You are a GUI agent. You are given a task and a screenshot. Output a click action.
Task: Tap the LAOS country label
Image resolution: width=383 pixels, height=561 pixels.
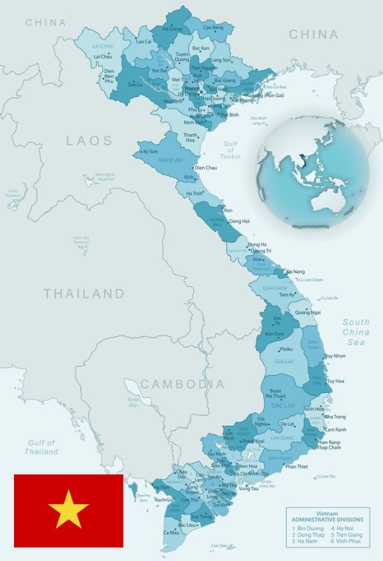tap(89, 141)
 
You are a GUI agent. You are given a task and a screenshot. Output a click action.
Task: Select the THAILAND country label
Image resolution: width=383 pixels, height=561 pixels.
tap(84, 294)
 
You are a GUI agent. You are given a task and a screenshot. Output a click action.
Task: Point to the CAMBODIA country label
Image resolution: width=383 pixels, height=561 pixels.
tap(183, 384)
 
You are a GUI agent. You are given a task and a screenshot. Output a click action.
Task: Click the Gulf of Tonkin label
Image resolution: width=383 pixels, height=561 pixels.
tap(230, 151)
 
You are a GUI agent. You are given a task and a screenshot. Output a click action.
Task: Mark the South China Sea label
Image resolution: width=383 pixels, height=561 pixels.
tap(356, 332)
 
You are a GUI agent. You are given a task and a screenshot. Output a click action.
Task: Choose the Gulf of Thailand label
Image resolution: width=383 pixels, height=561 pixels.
tap(41, 447)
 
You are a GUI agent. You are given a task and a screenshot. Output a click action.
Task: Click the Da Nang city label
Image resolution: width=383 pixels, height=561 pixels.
tap(295, 272)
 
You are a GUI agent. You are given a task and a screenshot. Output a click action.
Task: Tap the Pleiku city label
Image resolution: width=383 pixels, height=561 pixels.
tap(285, 350)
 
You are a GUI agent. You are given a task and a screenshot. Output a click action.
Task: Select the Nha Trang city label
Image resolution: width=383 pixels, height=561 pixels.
tap(334, 417)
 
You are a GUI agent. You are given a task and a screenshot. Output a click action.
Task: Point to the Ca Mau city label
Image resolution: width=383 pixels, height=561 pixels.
tap(171, 532)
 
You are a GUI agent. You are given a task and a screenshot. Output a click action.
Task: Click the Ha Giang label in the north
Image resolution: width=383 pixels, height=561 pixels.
tap(172, 29)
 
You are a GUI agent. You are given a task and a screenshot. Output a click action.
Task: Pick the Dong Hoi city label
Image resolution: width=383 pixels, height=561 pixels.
tap(239, 221)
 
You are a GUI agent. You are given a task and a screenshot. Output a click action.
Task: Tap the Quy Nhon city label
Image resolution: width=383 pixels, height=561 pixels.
tap(334, 357)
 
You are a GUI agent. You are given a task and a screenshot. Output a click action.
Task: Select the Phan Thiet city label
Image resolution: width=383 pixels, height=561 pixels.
tap(296, 466)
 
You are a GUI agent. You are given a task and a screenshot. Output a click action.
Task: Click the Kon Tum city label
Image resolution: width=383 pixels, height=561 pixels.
tap(274, 334)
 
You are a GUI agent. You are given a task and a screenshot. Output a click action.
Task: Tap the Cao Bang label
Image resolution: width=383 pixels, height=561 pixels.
tap(213, 27)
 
